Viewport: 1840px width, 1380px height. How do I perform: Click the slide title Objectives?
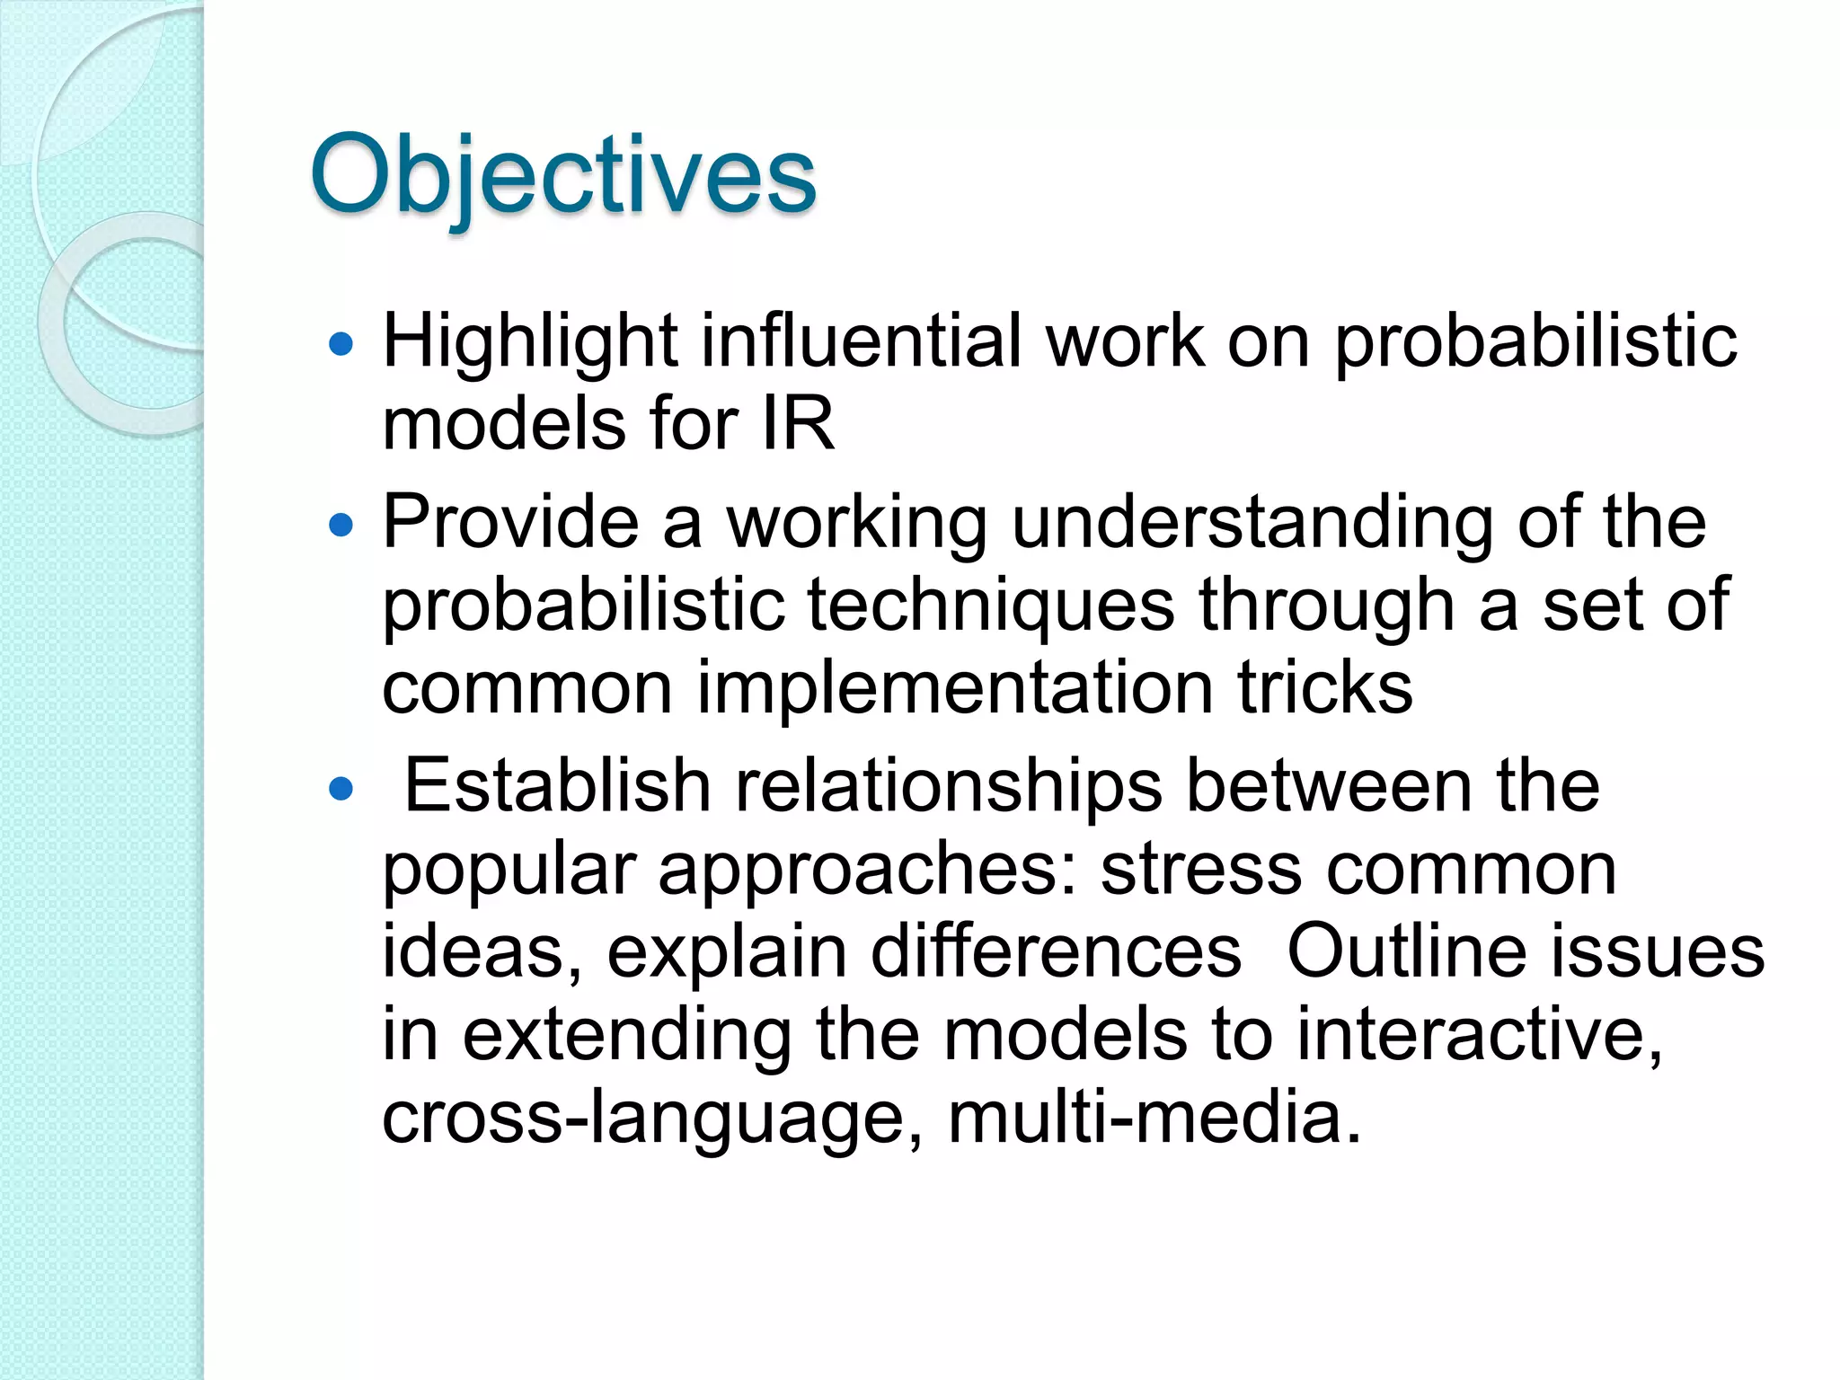click(562, 175)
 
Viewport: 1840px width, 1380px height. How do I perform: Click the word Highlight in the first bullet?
click(529, 341)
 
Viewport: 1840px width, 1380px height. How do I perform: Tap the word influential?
click(862, 341)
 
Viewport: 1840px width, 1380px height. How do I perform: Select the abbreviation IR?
click(798, 424)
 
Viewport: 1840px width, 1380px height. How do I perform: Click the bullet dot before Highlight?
click(341, 343)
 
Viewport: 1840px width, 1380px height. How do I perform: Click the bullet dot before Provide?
click(341, 524)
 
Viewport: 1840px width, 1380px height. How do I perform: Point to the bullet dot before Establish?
click(341, 789)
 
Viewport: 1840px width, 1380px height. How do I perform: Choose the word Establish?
click(558, 786)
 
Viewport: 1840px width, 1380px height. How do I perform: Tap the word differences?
click(1057, 952)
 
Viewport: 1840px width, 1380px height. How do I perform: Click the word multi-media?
click(1154, 1118)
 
